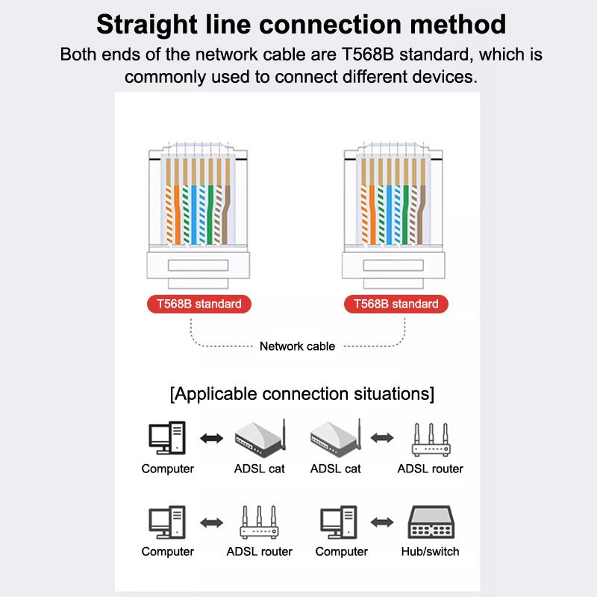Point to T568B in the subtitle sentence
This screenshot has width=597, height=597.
tap(367, 54)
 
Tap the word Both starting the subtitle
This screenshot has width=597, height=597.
tap(78, 54)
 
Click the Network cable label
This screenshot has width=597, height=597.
tap(297, 346)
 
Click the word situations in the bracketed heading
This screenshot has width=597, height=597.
tap(394, 394)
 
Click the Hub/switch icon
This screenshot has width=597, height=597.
tap(431, 522)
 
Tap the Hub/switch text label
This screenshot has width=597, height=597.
tap(431, 551)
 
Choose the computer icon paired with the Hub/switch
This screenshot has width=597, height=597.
tap(339, 522)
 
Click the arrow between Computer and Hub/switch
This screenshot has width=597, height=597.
tap(382, 522)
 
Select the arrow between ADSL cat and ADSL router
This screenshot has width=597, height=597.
tap(382, 438)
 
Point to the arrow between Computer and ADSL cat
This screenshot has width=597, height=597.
tap(212, 438)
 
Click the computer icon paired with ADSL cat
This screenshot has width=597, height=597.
tap(166, 438)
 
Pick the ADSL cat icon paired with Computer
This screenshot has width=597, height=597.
tap(260, 438)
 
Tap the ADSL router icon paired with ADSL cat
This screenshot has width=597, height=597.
tap(431, 440)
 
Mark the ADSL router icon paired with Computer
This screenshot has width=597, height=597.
tap(259, 522)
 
